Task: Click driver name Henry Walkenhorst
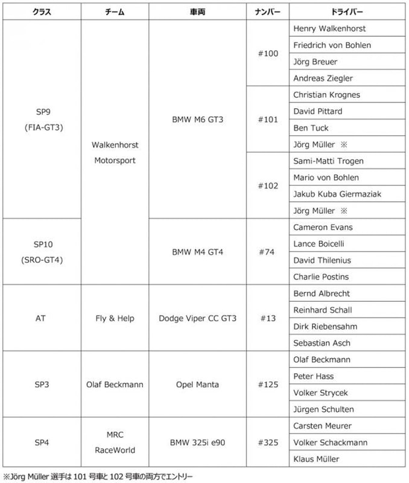click(x=329, y=28)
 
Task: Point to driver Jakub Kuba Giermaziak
click(x=337, y=194)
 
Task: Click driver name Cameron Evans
click(x=323, y=227)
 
